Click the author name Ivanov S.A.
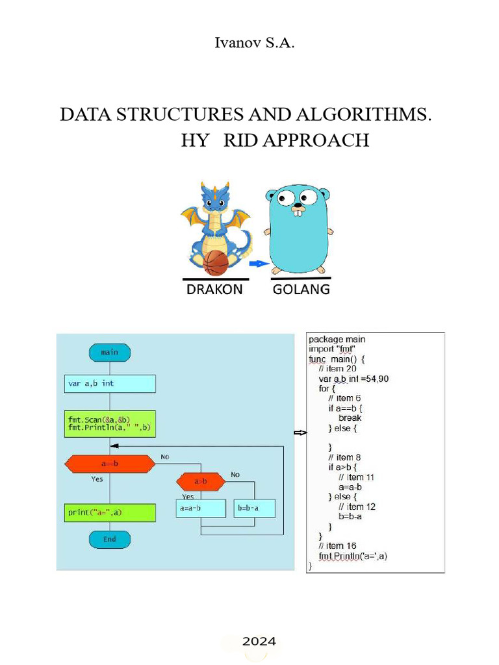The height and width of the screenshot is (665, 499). pyautogui.click(x=249, y=44)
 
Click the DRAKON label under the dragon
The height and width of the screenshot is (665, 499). pyautogui.click(x=214, y=290)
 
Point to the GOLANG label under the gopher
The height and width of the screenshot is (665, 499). pyautogui.click(x=301, y=290)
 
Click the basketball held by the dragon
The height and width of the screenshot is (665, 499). pyautogui.click(x=216, y=263)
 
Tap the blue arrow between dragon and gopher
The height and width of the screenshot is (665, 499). pyautogui.click(x=259, y=264)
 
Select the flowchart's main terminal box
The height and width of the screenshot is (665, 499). pyautogui.click(x=110, y=352)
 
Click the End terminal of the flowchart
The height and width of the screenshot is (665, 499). pyautogui.click(x=110, y=539)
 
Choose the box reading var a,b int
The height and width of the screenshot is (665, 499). pyautogui.click(x=110, y=383)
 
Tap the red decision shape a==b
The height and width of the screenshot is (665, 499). pyautogui.click(x=110, y=464)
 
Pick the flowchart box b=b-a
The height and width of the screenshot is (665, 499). pyautogui.click(x=254, y=508)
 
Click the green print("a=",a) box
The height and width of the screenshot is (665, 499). pyautogui.click(x=110, y=512)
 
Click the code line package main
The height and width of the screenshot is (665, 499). pyautogui.click(x=337, y=339)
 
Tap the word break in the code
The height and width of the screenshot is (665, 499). pyautogui.click(x=350, y=418)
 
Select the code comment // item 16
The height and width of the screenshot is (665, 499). pyautogui.click(x=337, y=546)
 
